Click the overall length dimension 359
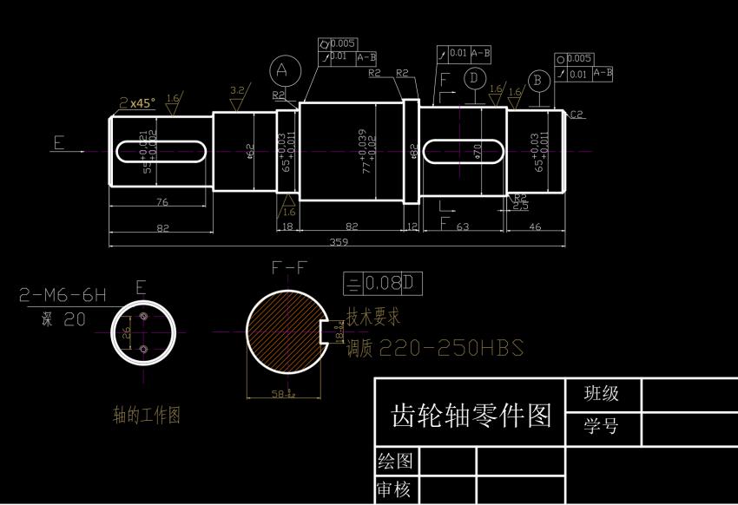[x=339, y=242]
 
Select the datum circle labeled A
[x=284, y=69]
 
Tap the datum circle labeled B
[x=539, y=81]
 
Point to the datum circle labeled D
[x=473, y=79]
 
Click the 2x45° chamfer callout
[x=138, y=102]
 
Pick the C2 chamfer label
[x=577, y=115]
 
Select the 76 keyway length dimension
[x=161, y=202]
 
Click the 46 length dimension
[x=535, y=226]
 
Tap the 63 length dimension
[x=462, y=226]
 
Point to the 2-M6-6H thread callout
[x=63, y=296]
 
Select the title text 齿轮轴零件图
[x=471, y=416]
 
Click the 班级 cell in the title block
[x=602, y=393]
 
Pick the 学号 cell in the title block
[x=602, y=427]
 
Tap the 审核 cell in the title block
[x=393, y=490]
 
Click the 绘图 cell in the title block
[x=393, y=459]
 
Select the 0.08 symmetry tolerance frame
[x=383, y=283]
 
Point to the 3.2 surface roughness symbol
[x=237, y=92]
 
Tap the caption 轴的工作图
[x=147, y=415]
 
